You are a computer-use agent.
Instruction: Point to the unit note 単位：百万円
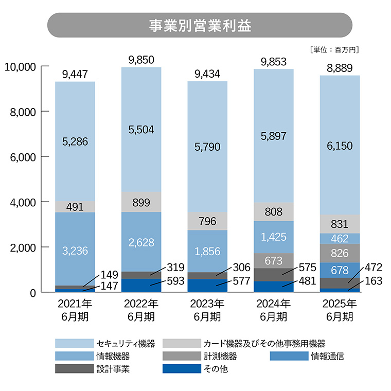click(x=334, y=50)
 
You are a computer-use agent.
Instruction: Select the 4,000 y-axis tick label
click(x=23, y=202)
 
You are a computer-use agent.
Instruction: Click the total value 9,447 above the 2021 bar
click(x=75, y=75)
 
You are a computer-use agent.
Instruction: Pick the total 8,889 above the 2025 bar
click(x=340, y=68)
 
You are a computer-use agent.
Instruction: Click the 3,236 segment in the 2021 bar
click(x=75, y=251)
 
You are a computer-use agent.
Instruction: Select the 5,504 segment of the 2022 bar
click(x=141, y=130)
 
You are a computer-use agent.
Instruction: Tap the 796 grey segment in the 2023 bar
click(x=207, y=222)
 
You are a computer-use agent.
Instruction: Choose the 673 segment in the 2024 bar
click(x=273, y=261)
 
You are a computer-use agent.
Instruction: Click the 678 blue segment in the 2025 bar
click(x=340, y=270)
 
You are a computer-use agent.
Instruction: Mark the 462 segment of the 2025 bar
click(x=340, y=239)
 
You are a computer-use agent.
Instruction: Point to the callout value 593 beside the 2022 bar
click(x=174, y=281)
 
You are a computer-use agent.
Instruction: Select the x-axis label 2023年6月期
click(x=207, y=310)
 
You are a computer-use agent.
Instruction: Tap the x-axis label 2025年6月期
click(x=340, y=310)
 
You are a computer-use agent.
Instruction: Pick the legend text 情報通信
click(x=327, y=356)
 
